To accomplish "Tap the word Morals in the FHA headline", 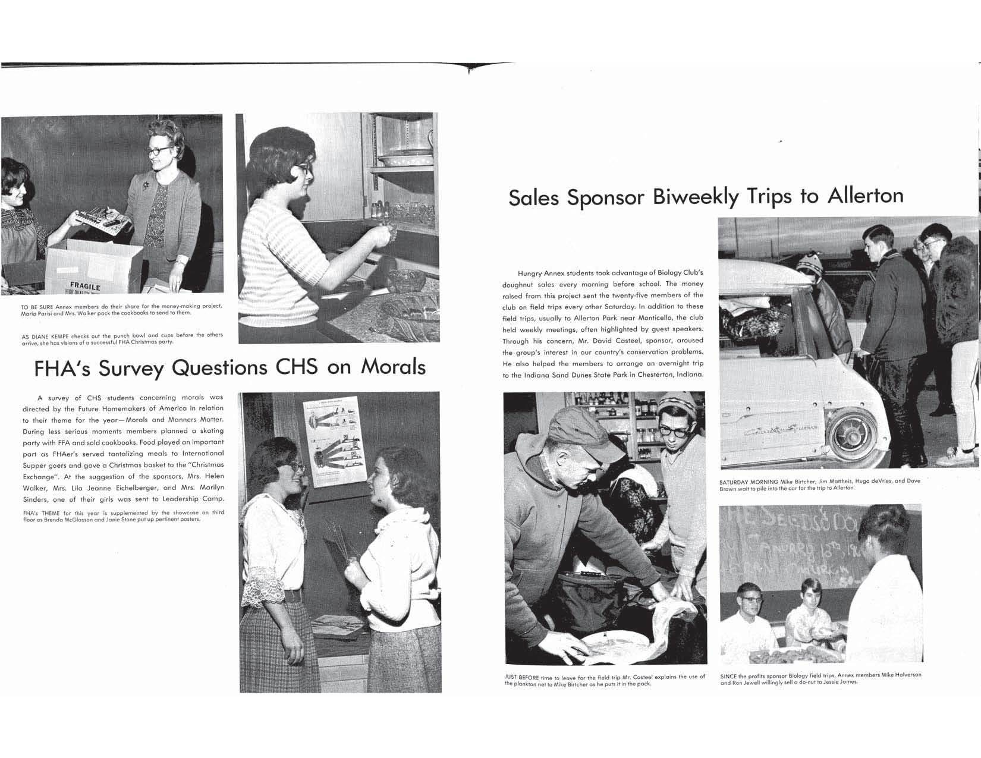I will (393, 367).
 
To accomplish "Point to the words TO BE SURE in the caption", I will (34, 306).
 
